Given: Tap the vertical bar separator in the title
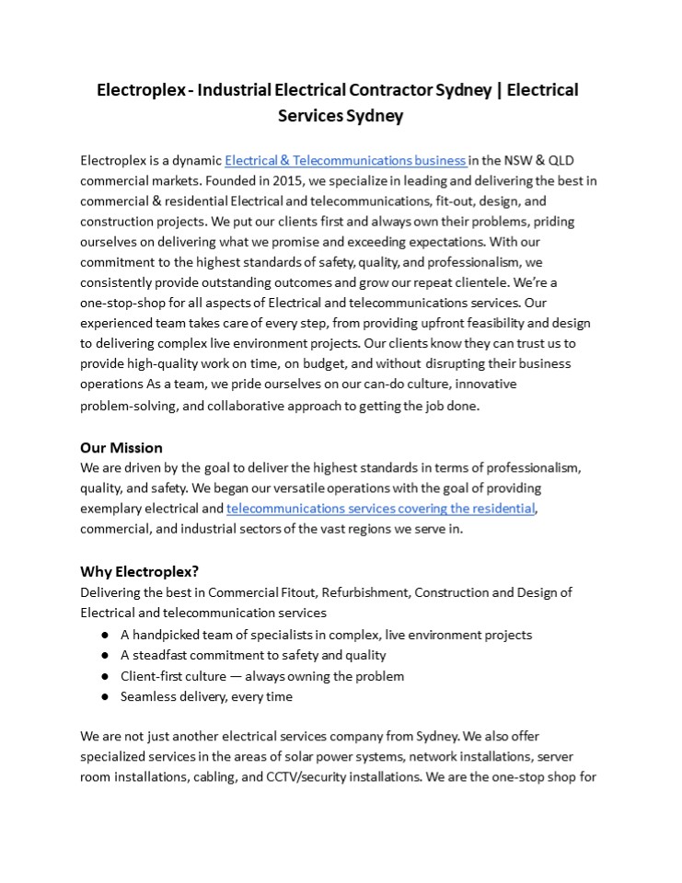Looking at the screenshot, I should (x=497, y=90).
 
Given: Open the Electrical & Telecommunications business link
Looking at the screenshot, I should (x=345, y=160).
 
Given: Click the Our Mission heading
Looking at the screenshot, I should (x=121, y=448).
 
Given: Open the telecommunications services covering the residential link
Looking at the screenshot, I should (x=381, y=508).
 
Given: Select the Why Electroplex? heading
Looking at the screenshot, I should (x=139, y=570).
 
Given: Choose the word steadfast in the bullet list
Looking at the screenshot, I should (x=162, y=656).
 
